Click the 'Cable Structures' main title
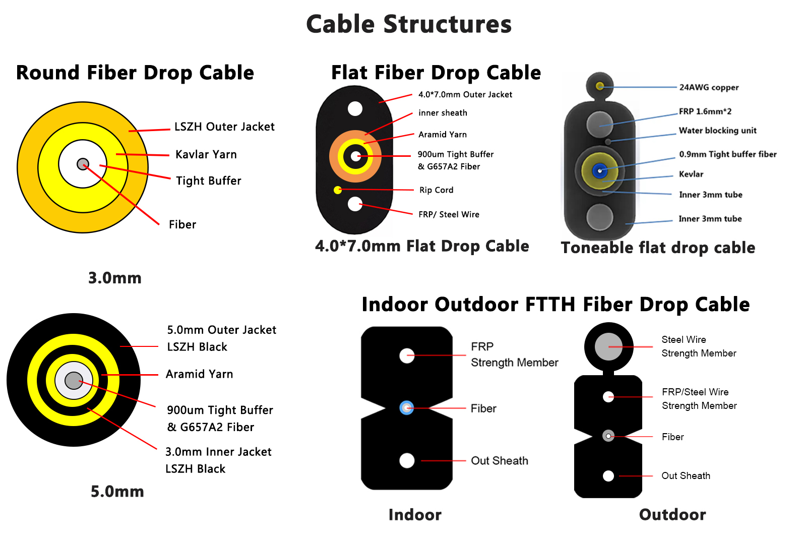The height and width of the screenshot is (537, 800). click(x=409, y=24)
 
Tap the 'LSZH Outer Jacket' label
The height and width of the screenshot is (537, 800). click(x=224, y=127)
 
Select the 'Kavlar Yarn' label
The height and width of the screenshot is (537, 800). click(x=206, y=154)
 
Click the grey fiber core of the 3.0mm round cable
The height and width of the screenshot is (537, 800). click(x=83, y=164)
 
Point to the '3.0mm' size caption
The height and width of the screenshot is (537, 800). click(x=115, y=278)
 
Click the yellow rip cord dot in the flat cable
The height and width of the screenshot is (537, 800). click(x=338, y=190)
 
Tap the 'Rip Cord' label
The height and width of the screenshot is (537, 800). click(x=436, y=190)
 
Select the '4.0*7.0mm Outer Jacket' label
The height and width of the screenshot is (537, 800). click(x=465, y=94)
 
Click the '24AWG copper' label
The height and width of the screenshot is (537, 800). click(x=709, y=87)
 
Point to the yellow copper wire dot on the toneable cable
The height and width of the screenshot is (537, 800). click(x=600, y=86)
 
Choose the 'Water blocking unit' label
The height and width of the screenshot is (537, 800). click(x=717, y=131)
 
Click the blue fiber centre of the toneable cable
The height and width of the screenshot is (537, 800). click(x=599, y=171)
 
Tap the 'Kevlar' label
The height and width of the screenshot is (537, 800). click(x=691, y=174)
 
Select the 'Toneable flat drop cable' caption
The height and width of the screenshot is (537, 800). click(x=658, y=248)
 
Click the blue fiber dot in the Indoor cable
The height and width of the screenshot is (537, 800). click(x=406, y=407)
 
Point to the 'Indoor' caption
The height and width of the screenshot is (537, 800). click(x=415, y=514)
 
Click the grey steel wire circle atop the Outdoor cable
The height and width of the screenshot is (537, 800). click(x=608, y=346)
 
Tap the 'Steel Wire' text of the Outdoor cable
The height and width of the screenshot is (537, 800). click(x=684, y=340)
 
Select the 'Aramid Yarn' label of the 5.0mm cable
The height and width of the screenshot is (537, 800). click(x=199, y=374)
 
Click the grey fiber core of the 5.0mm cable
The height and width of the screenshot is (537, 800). click(x=74, y=381)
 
